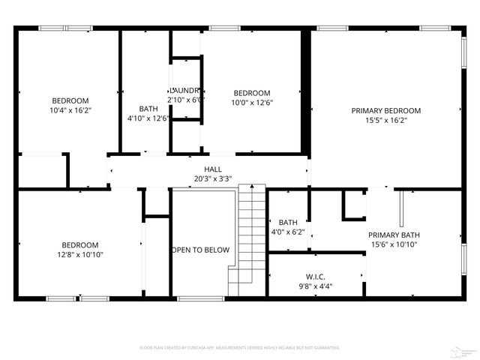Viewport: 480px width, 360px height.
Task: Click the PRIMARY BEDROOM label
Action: pos(386,110)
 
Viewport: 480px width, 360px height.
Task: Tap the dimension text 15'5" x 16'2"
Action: pos(386,120)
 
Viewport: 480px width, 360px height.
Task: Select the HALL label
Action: pos(213,169)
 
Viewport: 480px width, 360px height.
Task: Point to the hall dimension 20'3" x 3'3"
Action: pos(213,178)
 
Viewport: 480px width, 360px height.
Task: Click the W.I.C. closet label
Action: pos(315,276)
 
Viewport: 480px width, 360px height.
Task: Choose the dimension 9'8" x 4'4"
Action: pos(315,286)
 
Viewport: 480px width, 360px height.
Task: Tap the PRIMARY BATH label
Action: pos(393,235)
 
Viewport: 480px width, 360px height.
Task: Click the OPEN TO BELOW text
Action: pos(200,250)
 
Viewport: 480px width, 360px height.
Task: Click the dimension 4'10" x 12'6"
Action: pos(148,118)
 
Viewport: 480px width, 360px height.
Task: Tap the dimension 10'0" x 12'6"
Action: pos(250,103)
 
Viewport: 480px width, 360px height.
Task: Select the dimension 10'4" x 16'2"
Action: pos(70,110)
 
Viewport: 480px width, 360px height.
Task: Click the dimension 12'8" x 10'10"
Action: pos(80,255)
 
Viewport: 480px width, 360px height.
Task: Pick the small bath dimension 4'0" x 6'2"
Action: pos(288,232)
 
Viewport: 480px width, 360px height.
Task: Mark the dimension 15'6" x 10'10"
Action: pos(393,244)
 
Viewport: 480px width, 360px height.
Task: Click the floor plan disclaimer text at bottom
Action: pos(240,348)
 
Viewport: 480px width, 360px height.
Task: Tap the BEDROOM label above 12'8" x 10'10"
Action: pos(80,245)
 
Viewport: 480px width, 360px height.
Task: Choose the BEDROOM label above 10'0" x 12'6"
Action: pos(250,93)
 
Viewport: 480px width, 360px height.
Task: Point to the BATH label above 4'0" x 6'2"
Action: pos(288,223)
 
